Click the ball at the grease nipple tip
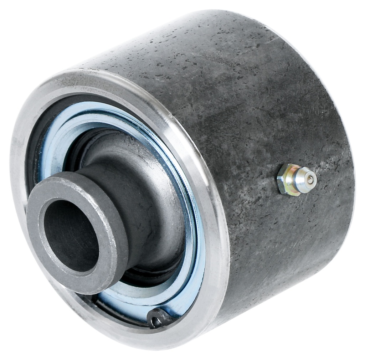(x=310, y=180)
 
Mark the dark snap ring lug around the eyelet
(x=159, y=316)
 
